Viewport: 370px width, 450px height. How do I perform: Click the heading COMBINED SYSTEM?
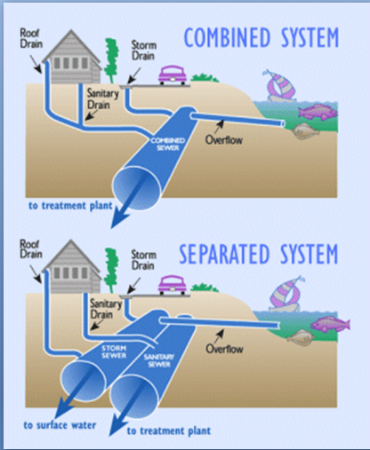tap(261, 37)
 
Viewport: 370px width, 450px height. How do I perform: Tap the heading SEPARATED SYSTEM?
tap(259, 254)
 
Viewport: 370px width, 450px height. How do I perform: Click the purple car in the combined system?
tap(173, 75)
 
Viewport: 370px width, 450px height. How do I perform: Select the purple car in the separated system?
tap(173, 285)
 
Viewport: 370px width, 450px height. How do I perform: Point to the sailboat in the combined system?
tap(279, 86)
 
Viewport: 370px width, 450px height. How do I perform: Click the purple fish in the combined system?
tap(318, 112)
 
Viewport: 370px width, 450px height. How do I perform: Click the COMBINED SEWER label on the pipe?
tap(168, 144)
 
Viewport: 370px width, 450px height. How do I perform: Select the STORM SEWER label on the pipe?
tap(114, 351)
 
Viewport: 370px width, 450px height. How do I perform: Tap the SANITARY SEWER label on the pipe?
tap(159, 360)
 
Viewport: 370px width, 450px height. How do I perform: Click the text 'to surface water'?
tap(60, 425)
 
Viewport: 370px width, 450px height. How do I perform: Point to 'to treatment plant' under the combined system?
tap(70, 205)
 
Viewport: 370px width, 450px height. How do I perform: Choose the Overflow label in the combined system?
tap(224, 139)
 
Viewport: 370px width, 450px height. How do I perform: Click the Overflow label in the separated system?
tap(224, 349)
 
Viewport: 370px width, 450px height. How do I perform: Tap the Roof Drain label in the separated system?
tap(31, 249)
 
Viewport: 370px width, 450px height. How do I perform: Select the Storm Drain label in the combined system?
tap(144, 51)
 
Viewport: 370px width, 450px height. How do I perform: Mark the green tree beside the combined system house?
tap(111, 60)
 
